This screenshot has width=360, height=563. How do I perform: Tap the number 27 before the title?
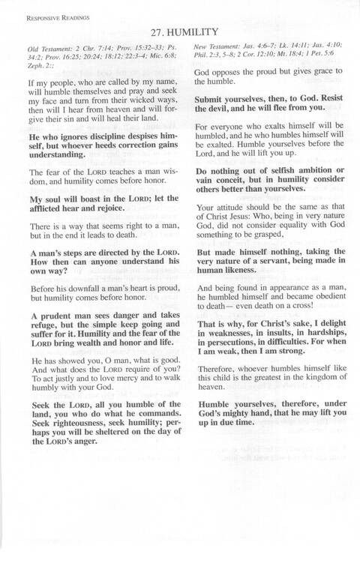(x=157, y=32)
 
